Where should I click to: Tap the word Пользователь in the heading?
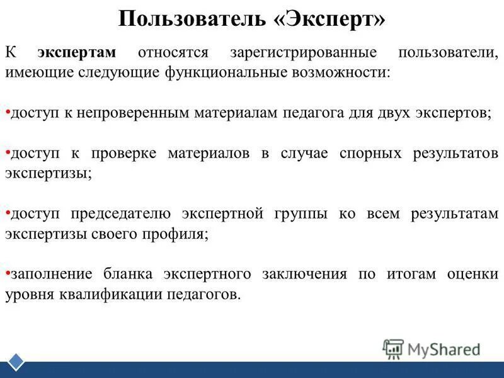pyautogui.click(x=192, y=19)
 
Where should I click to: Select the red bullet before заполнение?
pyautogui.click(x=7, y=272)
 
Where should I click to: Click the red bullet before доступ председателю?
pyautogui.click(x=7, y=212)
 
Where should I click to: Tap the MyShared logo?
pyautogui.click(x=432, y=349)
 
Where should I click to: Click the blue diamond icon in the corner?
pyautogui.click(x=16, y=362)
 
